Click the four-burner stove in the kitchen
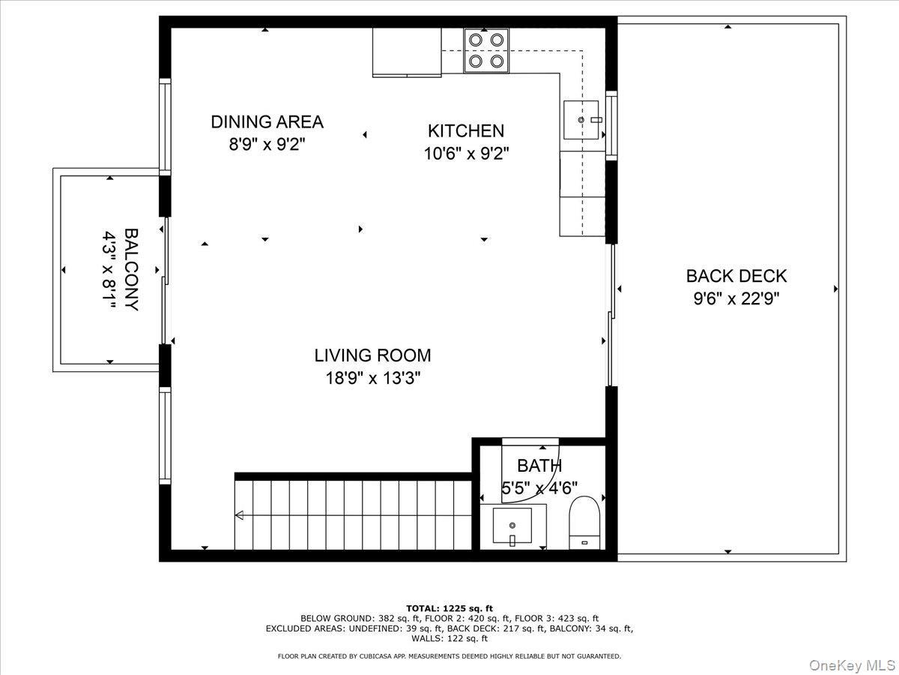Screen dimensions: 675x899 [x=485, y=50]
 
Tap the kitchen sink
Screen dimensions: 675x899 [x=581, y=120]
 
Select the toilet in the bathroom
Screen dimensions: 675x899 [x=586, y=523]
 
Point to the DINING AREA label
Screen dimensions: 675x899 [x=267, y=121]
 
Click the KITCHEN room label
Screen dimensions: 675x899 [x=465, y=130]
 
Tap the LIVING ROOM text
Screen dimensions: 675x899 [x=372, y=355]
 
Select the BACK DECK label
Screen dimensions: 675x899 [x=736, y=276]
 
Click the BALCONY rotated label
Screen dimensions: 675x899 [x=130, y=269]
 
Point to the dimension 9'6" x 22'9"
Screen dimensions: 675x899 [x=736, y=299]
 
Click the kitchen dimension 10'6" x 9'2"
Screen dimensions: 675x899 [x=466, y=154]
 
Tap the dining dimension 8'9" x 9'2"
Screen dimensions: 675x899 [x=267, y=145]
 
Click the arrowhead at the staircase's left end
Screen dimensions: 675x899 [x=239, y=515]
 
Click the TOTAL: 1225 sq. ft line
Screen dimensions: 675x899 [x=449, y=608]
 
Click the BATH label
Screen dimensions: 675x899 [x=539, y=466]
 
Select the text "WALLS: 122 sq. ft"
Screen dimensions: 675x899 [x=449, y=639]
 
